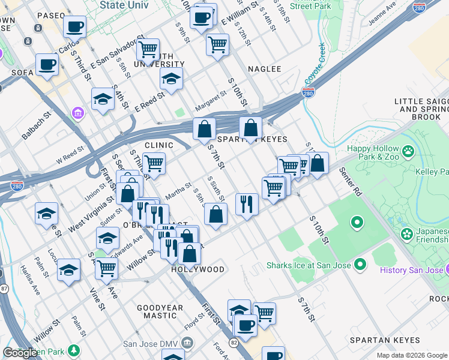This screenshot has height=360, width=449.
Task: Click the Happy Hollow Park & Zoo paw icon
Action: [409, 151]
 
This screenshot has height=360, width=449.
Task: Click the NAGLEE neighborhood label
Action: [264, 69]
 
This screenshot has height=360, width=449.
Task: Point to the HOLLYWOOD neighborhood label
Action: [197, 269]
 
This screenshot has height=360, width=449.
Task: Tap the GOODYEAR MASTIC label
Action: [160, 312]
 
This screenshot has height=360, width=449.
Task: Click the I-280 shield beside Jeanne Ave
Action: [420, 8]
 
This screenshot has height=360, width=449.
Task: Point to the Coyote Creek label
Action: [315, 64]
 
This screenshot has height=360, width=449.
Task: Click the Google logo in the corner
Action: [20, 353]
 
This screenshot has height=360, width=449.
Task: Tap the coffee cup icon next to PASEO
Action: [75, 26]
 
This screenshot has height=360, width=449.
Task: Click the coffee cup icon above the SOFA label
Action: [46, 65]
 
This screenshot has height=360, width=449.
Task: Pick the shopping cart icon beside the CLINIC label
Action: [154, 163]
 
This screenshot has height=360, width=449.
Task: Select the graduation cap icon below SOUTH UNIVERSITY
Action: [171, 79]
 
